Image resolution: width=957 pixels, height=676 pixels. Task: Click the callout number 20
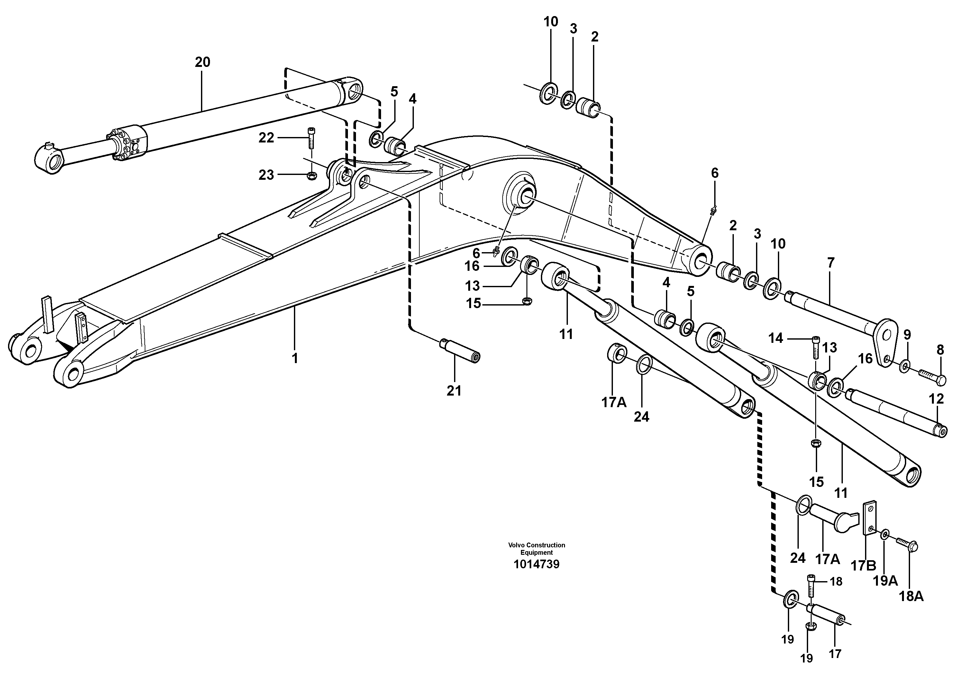203,62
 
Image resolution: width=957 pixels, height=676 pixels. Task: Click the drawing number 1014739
536,564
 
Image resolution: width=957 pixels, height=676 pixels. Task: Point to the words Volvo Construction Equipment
536,548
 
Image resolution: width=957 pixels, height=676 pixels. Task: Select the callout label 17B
863,566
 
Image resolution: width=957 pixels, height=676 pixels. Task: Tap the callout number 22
266,138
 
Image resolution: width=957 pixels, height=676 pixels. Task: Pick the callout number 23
266,175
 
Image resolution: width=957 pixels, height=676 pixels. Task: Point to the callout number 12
936,399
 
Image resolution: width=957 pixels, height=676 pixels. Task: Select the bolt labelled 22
311,138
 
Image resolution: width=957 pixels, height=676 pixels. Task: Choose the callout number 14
776,338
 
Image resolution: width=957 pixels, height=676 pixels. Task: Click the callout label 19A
885,580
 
